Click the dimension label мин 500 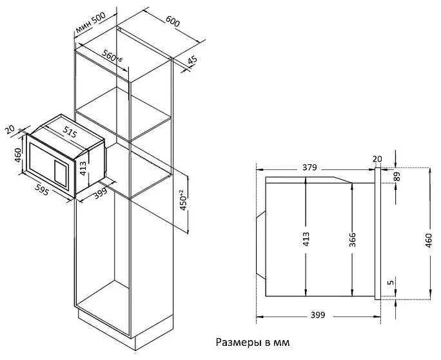click(90, 22)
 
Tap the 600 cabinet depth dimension click(172, 21)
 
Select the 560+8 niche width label click(112, 56)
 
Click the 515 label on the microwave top click(69, 132)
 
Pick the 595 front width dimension click(42, 189)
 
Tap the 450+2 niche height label click(183, 200)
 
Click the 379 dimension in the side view click(309, 167)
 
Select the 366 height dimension click(352, 240)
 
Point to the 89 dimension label click(397, 176)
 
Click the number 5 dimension click(390, 282)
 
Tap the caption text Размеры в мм click(253, 343)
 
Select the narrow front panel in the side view click(378, 234)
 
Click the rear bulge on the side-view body click(260, 245)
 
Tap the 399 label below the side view click(318, 316)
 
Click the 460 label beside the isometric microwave click(17, 155)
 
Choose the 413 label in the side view click(306, 239)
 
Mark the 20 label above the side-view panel click(377, 159)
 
